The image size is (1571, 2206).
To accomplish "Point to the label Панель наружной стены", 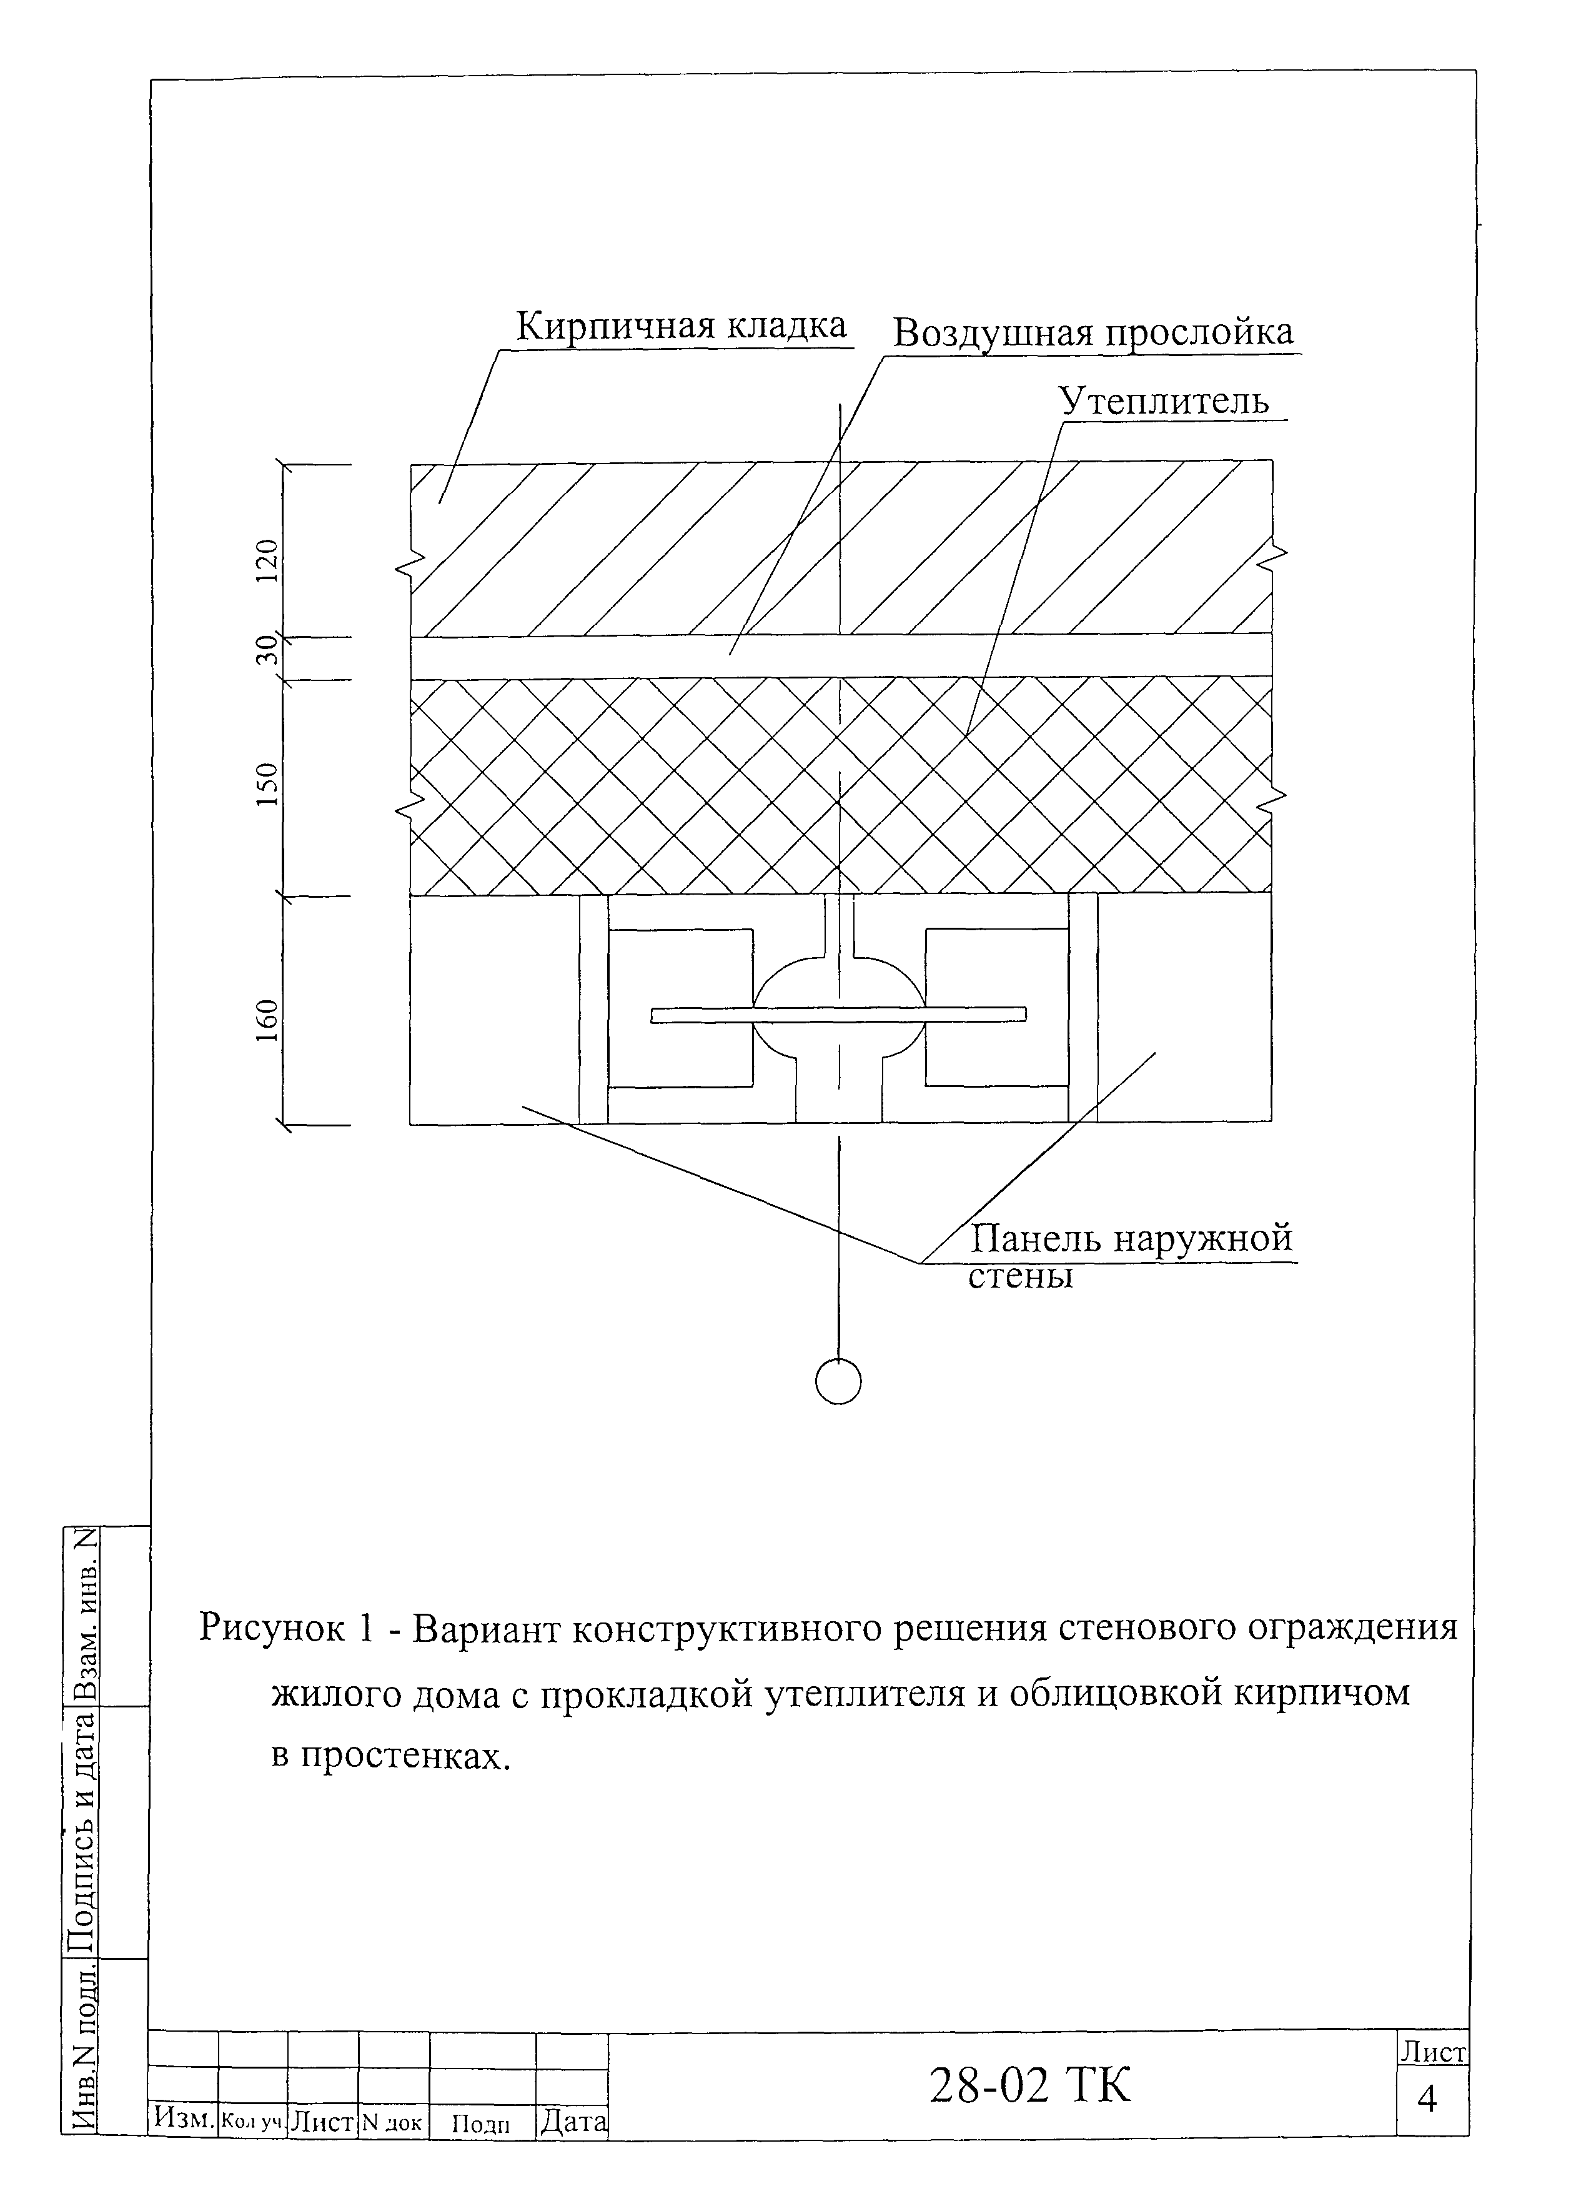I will point(1130,1255).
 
